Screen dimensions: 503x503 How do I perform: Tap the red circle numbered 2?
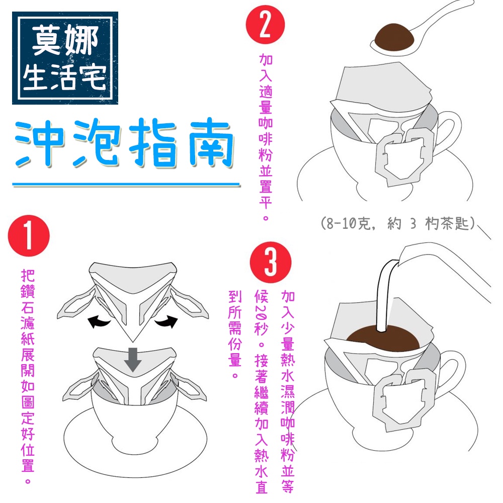(x=265, y=26)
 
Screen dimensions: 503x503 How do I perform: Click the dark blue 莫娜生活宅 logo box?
(x=65, y=57)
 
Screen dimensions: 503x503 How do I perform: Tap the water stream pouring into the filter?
(x=384, y=297)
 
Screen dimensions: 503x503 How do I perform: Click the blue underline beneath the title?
(x=126, y=185)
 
